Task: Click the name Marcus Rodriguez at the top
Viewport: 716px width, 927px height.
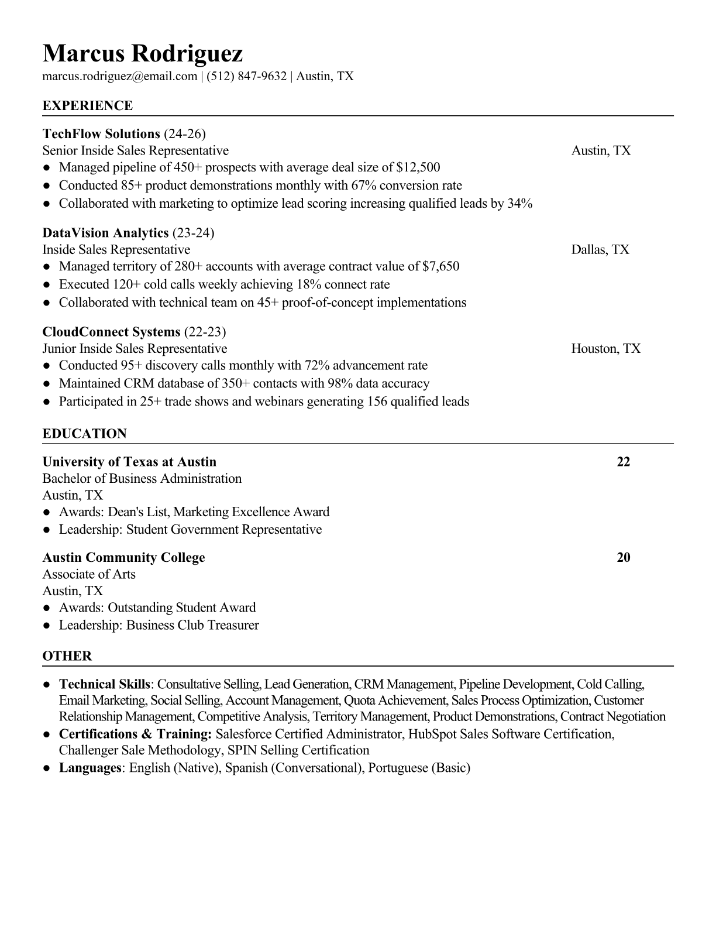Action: tap(142, 54)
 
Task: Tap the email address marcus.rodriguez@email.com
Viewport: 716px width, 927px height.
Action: tap(120, 76)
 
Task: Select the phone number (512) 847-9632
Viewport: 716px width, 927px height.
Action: tap(246, 76)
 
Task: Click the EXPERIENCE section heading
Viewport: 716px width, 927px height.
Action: tap(88, 106)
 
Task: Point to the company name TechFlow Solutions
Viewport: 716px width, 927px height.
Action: tap(101, 134)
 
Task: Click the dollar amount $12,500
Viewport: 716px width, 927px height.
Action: tap(418, 167)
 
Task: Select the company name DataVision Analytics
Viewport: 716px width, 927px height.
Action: tap(105, 233)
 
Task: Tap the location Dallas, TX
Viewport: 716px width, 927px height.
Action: tap(600, 250)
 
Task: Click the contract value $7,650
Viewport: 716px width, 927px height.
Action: tap(440, 267)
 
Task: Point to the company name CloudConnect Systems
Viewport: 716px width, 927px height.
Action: tap(111, 332)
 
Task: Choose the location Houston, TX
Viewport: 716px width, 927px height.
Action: tap(606, 349)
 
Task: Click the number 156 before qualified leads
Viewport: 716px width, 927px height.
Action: tap(377, 401)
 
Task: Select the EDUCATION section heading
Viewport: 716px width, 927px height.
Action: tap(84, 434)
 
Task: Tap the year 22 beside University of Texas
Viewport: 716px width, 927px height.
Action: tap(624, 462)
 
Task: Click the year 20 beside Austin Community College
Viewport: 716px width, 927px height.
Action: tap(624, 557)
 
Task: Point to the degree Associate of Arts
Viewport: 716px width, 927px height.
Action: tap(89, 574)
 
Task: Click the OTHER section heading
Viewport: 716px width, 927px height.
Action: tap(67, 656)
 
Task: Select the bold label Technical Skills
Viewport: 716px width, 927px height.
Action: tap(104, 684)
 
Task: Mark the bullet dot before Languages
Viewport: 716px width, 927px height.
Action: tap(46, 768)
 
